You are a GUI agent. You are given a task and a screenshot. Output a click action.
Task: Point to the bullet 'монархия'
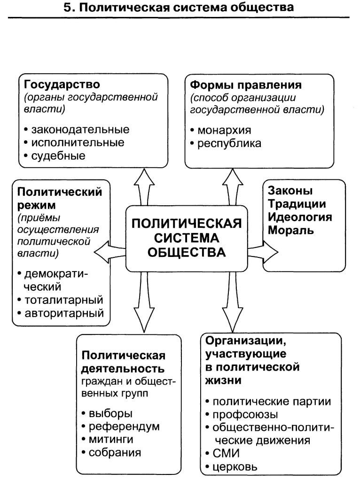[220, 130]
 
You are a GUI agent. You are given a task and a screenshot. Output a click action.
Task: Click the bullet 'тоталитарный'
[63, 300]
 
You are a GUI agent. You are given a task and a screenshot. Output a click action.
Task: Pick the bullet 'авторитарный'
[63, 313]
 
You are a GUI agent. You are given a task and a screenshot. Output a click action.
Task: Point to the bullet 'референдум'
[120, 427]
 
